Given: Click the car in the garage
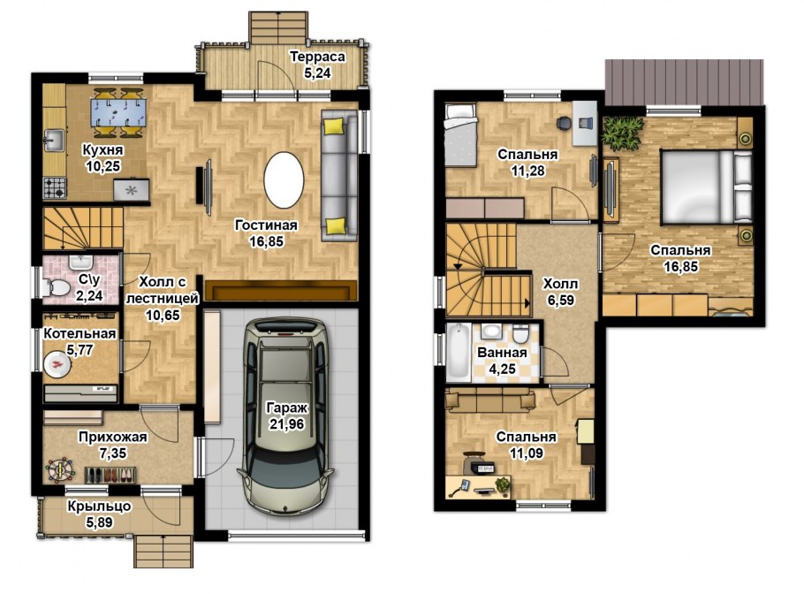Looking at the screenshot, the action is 286,415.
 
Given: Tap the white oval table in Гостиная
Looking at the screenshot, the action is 284,180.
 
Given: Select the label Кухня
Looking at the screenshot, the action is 102,149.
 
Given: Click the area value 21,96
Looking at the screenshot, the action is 286,424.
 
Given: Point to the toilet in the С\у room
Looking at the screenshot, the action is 56,288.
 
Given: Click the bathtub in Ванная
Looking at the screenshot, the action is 459,352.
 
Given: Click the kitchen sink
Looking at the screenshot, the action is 53,140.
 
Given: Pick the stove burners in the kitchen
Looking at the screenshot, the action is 55,187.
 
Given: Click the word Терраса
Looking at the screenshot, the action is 317,57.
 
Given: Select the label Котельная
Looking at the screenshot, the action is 80,334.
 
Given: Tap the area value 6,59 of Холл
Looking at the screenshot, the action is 560,300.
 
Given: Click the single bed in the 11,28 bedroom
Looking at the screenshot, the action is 461,135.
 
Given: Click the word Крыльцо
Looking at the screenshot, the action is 100,506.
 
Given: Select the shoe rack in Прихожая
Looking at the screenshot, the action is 110,475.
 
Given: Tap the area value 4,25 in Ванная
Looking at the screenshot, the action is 503,369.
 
